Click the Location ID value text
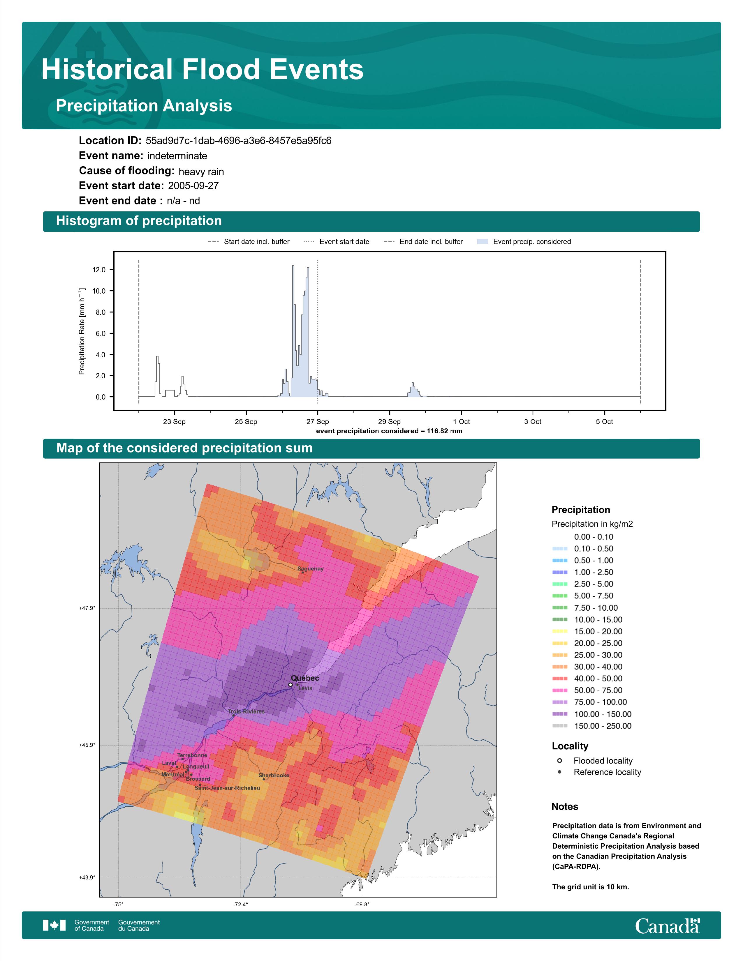(x=238, y=141)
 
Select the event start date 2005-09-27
(x=193, y=186)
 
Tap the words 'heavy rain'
(x=201, y=172)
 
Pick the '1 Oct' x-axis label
(x=461, y=422)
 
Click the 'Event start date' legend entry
(x=336, y=242)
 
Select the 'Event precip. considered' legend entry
(x=524, y=242)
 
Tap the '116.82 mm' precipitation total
(x=445, y=431)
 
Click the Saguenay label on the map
(x=310, y=568)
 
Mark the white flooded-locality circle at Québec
(x=290, y=685)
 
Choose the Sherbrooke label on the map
(x=274, y=775)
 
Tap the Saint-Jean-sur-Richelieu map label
(x=227, y=788)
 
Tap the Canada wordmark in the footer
(x=667, y=926)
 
